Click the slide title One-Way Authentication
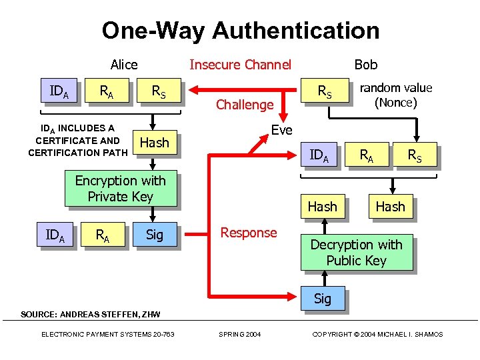[240, 31]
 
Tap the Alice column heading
[124, 65]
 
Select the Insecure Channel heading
[240, 65]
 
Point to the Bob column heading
[365, 65]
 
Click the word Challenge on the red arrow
[245, 105]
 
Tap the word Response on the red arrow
[249, 233]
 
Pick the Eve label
[281, 130]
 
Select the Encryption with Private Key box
[120, 189]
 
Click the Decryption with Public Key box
[356, 253]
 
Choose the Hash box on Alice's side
[154, 143]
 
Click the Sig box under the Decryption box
[322, 299]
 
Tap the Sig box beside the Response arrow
[154, 235]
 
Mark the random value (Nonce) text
[395, 95]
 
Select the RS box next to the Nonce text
[325, 93]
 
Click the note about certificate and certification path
[78, 141]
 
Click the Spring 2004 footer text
[240, 334]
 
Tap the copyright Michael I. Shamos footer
[377, 334]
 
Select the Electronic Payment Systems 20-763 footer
[107, 334]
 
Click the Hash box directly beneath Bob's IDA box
[322, 207]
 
